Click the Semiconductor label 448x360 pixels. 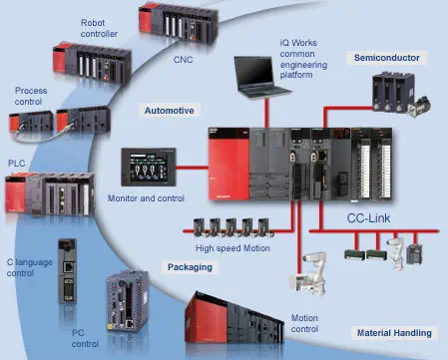point(386,58)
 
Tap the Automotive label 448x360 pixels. point(169,110)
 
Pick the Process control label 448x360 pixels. point(30,97)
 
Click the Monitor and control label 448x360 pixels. point(147,196)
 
